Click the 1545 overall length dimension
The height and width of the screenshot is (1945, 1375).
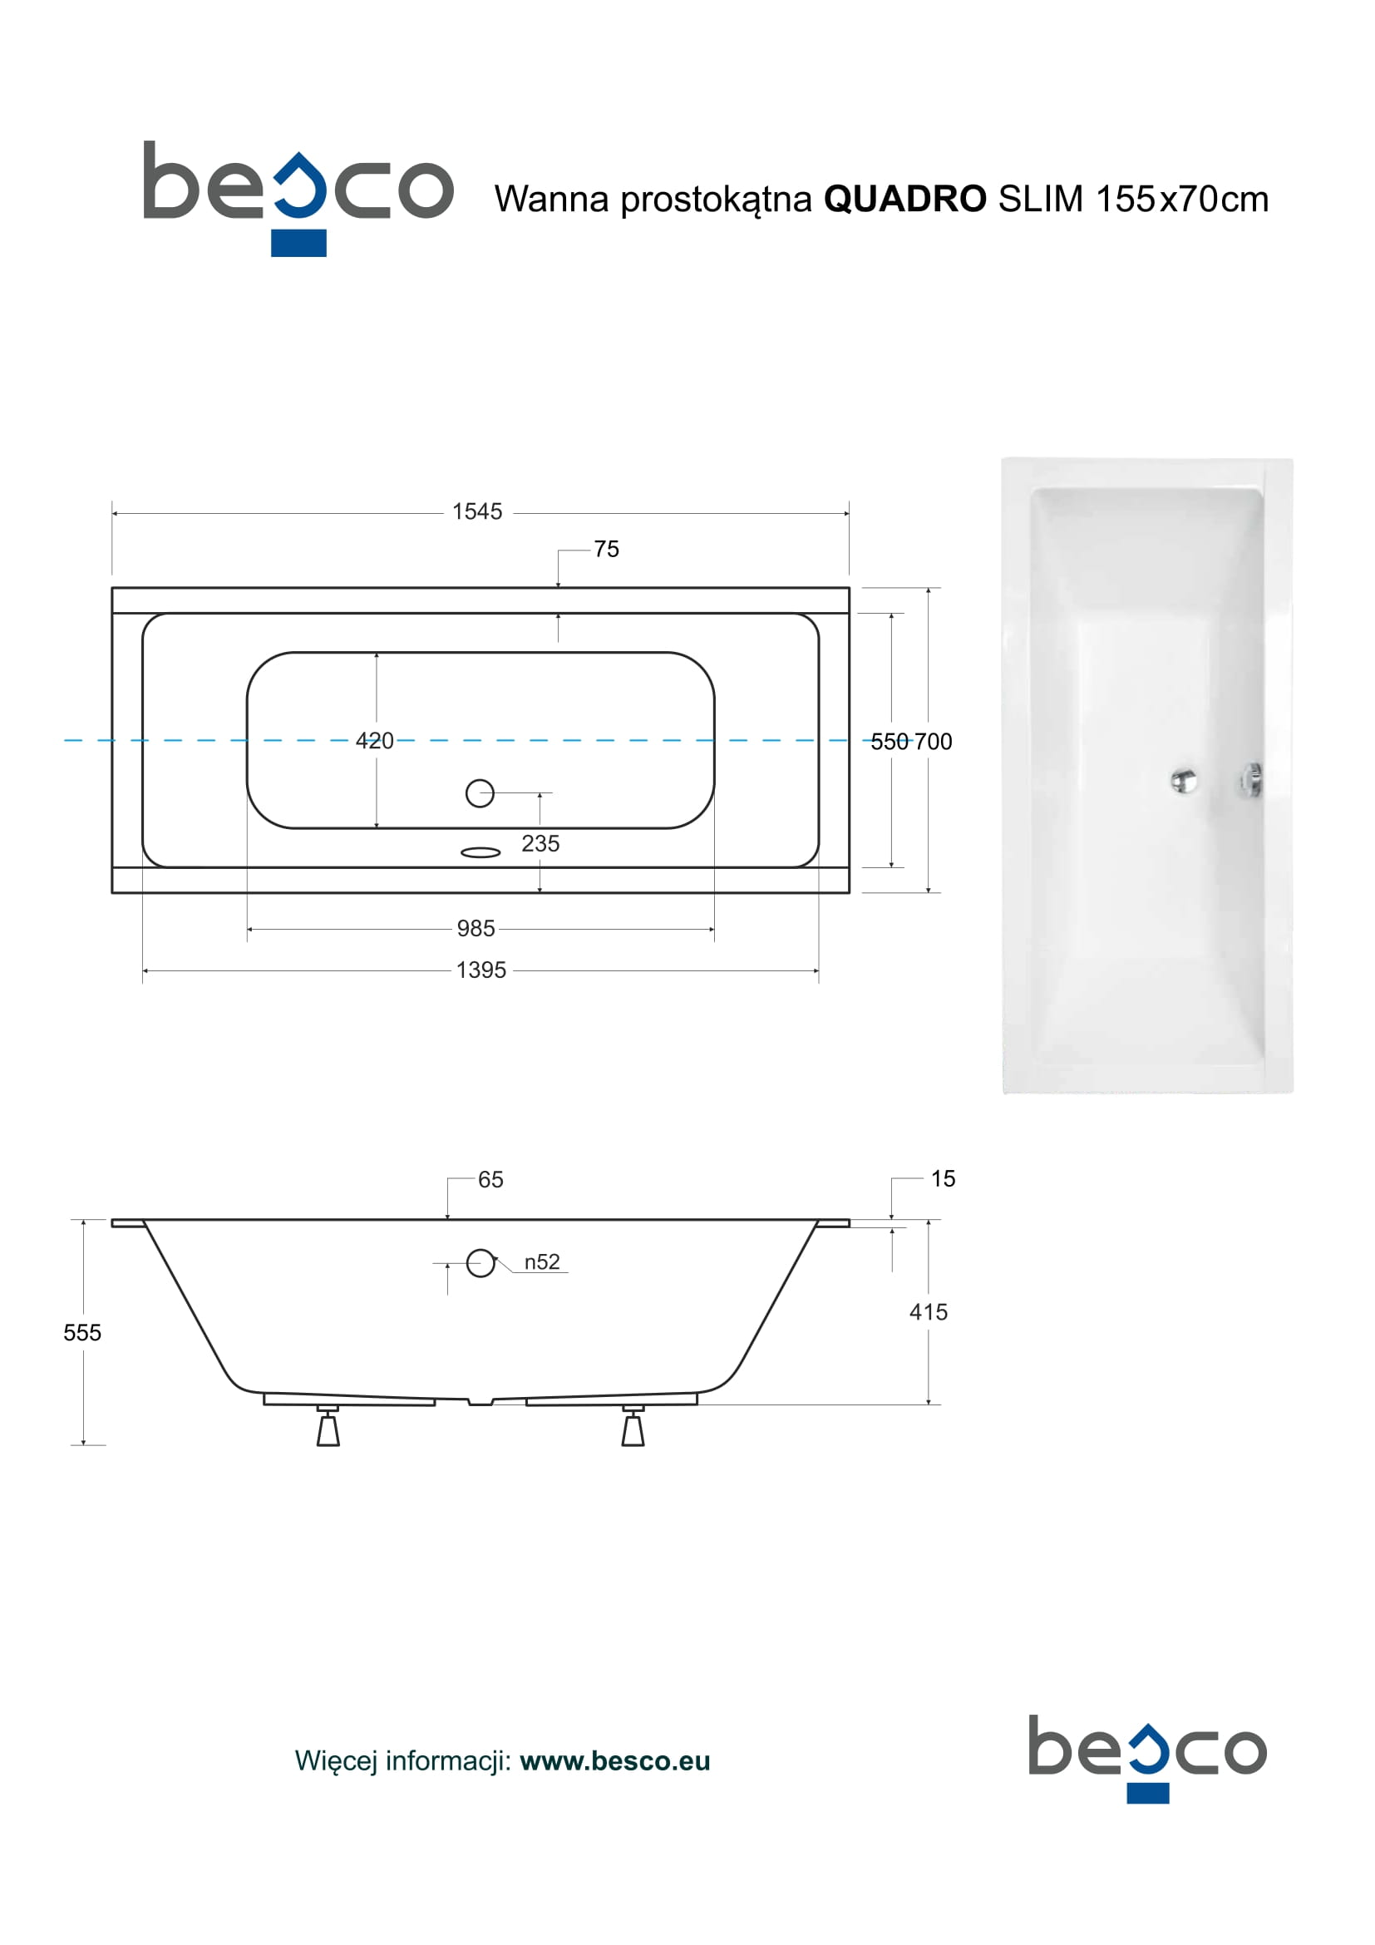click(476, 511)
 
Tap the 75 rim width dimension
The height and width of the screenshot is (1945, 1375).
click(606, 549)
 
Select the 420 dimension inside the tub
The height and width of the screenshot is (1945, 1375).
click(374, 740)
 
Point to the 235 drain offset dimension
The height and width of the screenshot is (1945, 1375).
click(540, 843)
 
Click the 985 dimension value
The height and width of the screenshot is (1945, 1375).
click(476, 929)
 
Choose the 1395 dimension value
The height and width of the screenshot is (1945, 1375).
click(481, 970)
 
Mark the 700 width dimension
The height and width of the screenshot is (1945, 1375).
click(933, 741)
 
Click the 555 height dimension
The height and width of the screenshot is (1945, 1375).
click(82, 1332)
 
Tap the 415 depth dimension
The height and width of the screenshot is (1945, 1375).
click(928, 1312)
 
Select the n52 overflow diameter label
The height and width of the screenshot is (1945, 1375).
click(542, 1261)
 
